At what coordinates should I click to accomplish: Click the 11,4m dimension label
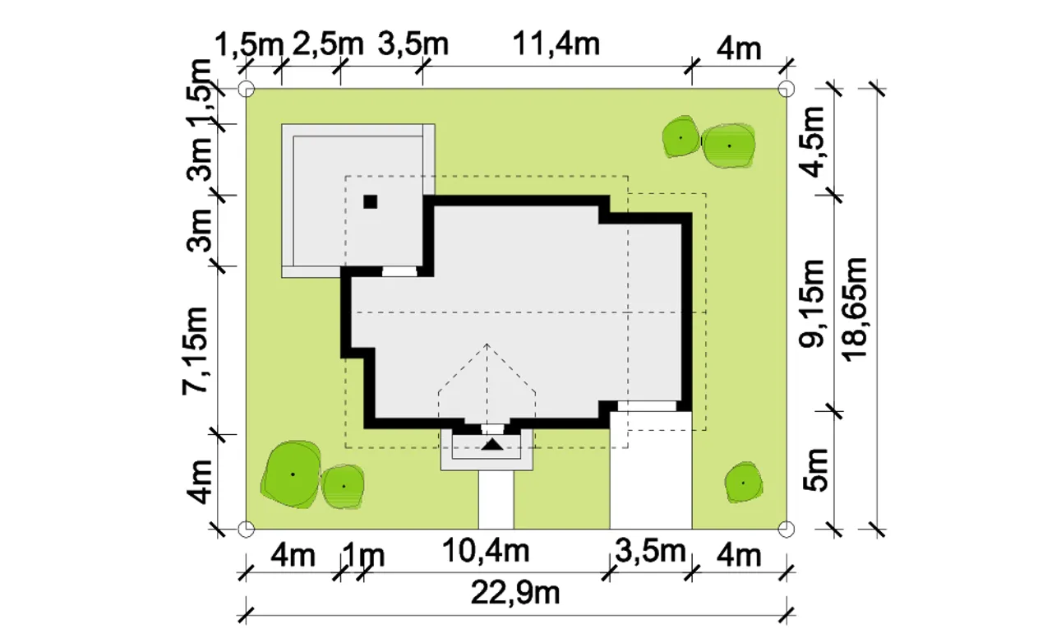(556, 44)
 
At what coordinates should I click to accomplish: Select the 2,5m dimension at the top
(328, 44)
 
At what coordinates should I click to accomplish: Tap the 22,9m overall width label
(515, 593)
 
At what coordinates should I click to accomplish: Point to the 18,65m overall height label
(854, 310)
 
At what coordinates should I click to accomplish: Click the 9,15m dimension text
(812, 303)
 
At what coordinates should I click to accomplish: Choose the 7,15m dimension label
(195, 350)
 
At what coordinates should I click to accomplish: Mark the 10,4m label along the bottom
(486, 551)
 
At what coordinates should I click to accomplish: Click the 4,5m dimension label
(812, 142)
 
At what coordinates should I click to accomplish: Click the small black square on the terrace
(370, 201)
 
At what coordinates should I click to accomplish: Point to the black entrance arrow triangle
(492, 444)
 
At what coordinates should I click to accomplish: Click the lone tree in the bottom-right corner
(743, 482)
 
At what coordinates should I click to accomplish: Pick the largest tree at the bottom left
(292, 474)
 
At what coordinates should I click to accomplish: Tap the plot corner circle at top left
(247, 88)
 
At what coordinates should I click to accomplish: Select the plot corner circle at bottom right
(787, 529)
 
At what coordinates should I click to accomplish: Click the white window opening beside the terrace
(399, 271)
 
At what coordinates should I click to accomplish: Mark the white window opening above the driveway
(647, 406)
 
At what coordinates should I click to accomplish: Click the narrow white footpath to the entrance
(496, 500)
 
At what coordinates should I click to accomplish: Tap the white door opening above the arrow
(492, 429)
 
